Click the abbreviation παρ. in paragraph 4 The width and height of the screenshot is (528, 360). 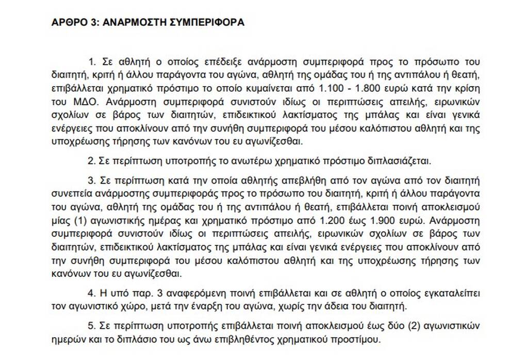(140, 292)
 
